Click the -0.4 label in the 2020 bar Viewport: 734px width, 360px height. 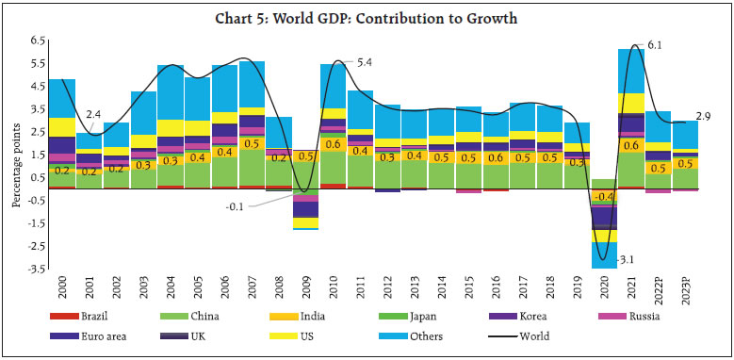pos(604,196)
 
